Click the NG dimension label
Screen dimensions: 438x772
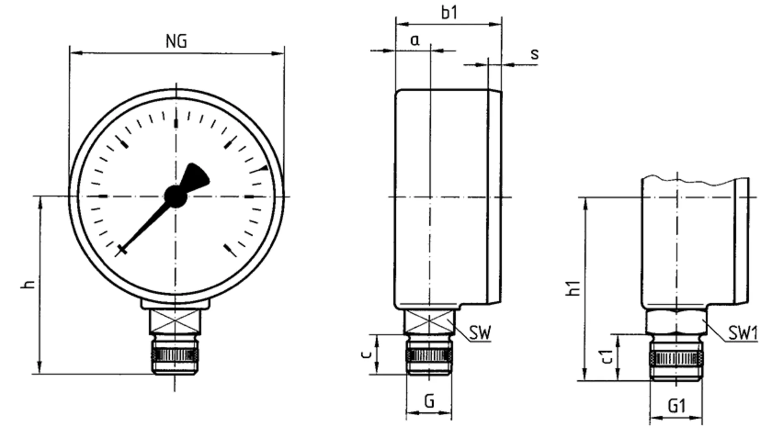[176, 41]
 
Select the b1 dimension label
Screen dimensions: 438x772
[449, 13]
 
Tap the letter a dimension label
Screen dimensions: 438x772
[415, 40]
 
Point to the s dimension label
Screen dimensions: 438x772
[535, 54]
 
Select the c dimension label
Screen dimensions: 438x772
[366, 354]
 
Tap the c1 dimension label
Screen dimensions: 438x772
[607, 357]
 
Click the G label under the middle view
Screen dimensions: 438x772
[429, 401]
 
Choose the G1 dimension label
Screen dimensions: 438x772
[677, 406]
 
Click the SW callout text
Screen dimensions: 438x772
[480, 333]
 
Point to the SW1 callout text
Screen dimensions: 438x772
[743, 333]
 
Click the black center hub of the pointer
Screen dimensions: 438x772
[176, 197]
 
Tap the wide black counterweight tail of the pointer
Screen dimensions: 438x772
[196, 177]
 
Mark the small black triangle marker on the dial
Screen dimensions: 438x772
[264, 168]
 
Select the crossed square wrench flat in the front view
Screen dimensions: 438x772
[175, 321]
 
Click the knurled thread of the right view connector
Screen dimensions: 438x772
[677, 359]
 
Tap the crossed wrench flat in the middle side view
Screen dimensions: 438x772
[429, 322]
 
